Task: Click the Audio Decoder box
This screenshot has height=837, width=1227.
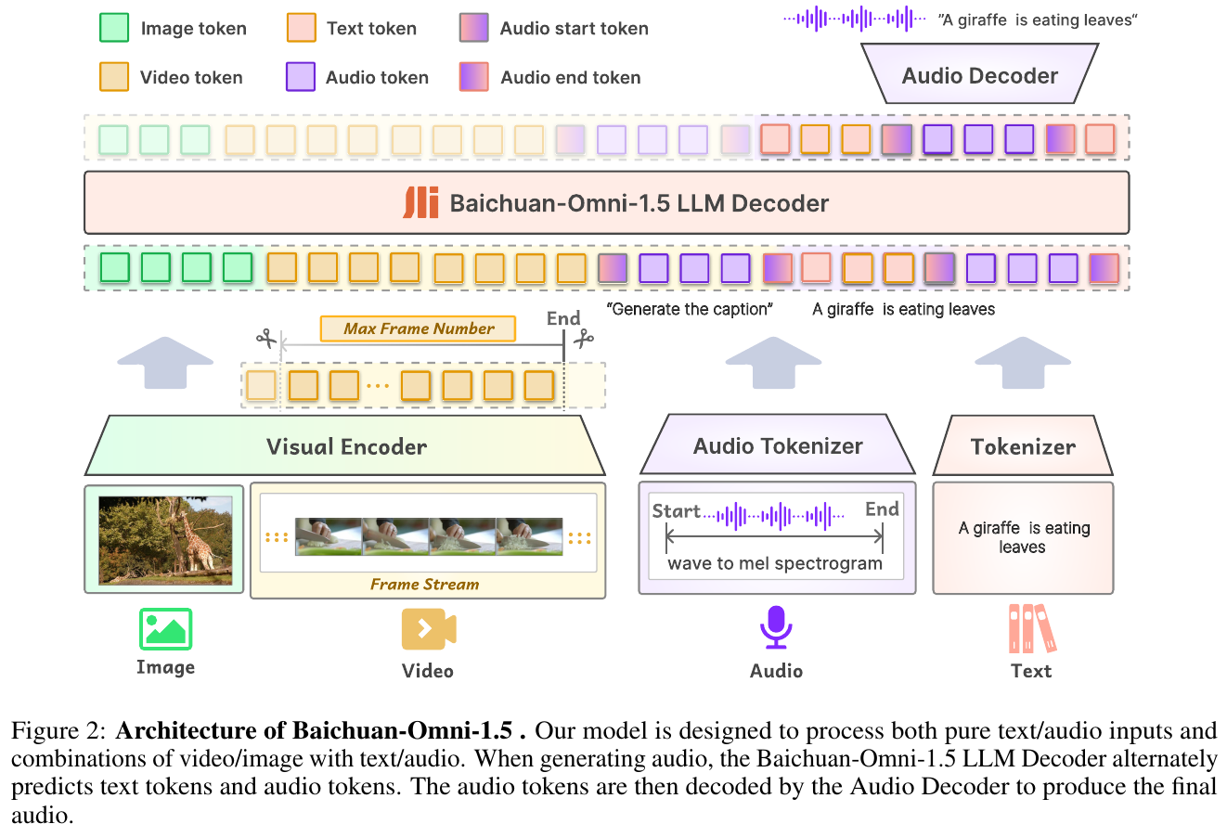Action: point(979,75)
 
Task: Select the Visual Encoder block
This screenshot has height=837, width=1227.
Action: point(346,446)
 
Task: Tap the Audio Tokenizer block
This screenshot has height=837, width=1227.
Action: point(778,446)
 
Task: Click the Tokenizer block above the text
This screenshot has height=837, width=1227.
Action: point(1023,446)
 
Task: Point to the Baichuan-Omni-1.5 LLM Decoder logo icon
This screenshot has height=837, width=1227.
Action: point(420,202)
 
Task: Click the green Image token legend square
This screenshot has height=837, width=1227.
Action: point(114,28)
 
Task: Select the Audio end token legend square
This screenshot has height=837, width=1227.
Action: point(474,77)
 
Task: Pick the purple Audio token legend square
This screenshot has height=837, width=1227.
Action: point(301,77)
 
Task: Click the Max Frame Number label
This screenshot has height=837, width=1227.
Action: point(419,328)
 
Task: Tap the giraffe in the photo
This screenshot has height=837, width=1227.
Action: point(197,538)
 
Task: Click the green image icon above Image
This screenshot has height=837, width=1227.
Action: point(165,629)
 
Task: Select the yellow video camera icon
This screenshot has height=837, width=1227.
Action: point(428,629)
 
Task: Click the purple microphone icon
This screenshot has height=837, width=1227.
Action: point(776,627)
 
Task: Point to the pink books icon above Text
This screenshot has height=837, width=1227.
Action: point(1031,628)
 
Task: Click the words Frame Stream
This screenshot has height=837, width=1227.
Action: point(424,585)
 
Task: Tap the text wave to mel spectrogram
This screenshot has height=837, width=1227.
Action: point(775,563)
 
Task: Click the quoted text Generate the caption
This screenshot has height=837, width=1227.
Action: point(690,309)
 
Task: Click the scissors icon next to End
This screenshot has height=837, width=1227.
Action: point(584,340)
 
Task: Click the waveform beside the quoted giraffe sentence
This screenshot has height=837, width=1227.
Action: point(854,19)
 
